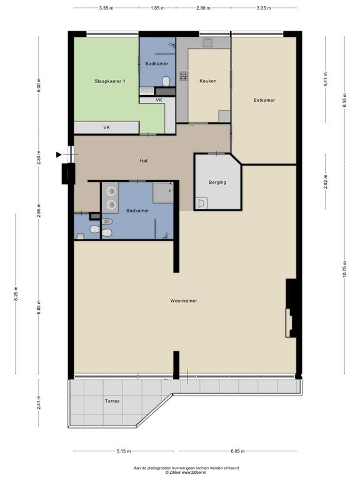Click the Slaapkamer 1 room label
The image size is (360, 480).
tap(109, 81)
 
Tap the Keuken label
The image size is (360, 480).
tap(208, 81)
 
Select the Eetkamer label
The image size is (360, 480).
tap(264, 100)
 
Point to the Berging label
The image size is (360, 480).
tap(217, 182)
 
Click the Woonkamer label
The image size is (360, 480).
tap(184, 301)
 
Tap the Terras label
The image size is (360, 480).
tap(112, 401)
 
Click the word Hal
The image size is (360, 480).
tap(144, 161)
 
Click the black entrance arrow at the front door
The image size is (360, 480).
tap(59, 154)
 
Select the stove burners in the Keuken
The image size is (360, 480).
tap(184, 76)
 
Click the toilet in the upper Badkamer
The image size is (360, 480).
tap(166, 82)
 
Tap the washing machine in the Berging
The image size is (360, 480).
tap(201, 203)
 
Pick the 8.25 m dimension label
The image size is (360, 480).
tap(16, 294)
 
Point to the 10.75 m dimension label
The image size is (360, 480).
tap(345, 269)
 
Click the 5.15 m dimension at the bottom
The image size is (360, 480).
tap(124, 451)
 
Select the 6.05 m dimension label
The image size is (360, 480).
tap(237, 451)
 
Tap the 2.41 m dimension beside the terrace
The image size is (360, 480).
tap(39, 402)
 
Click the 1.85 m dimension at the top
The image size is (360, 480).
tap(157, 8)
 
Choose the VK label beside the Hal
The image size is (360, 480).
tap(106, 127)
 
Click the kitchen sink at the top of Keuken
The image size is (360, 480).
tap(208, 42)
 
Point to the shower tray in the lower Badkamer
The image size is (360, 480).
tap(163, 193)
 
